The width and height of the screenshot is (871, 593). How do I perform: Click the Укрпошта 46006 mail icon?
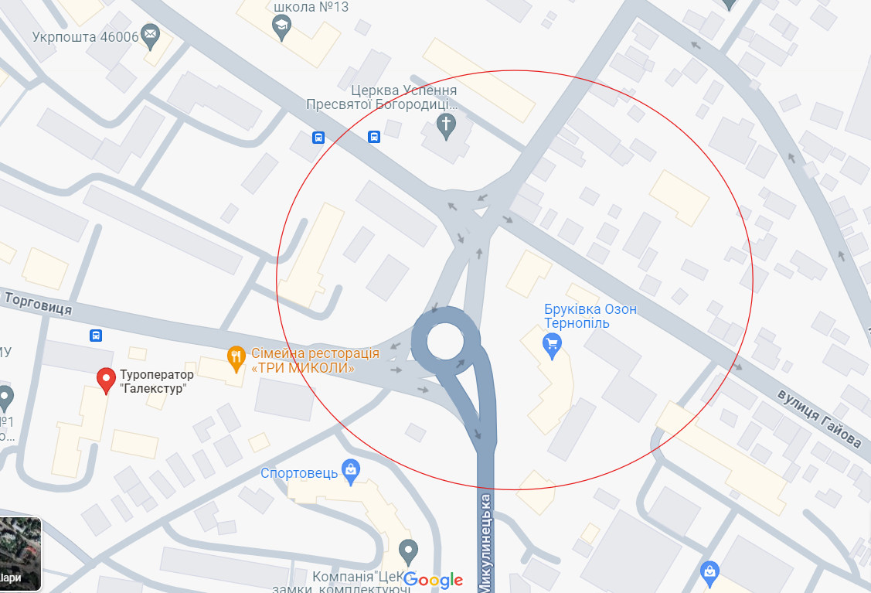tap(150, 33)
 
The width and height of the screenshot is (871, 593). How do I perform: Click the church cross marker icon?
tap(446, 124)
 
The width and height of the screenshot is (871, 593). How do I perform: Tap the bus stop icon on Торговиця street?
tap(96, 336)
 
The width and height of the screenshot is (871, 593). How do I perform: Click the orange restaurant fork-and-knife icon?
tap(236, 356)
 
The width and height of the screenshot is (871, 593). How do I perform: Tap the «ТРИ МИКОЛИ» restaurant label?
tap(303, 368)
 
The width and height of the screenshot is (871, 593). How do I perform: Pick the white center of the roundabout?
tap(444, 341)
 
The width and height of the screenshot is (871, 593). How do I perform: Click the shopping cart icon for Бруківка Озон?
tap(553, 345)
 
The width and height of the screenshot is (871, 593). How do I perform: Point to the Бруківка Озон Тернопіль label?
tap(590, 316)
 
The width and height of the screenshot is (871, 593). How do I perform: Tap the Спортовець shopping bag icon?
tap(351, 469)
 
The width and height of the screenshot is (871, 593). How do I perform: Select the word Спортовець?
tap(298, 472)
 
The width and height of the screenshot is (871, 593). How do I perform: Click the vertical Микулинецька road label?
tap(485, 541)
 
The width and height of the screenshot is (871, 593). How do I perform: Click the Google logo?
tap(433, 580)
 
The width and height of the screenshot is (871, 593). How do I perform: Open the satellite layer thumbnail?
tap(20, 554)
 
